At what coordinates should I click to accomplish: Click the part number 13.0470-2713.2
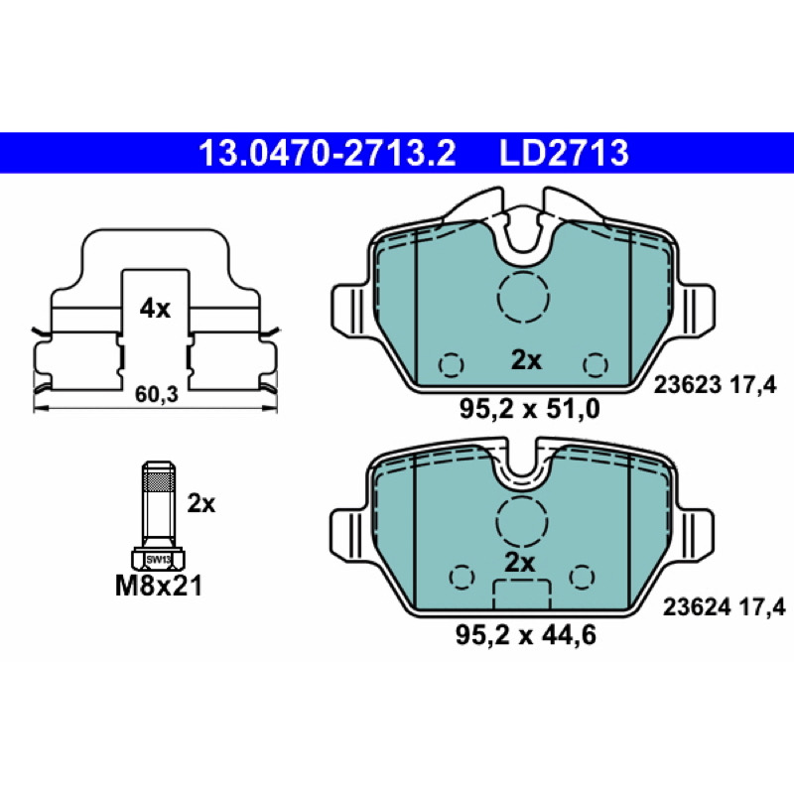(x=327, y=153)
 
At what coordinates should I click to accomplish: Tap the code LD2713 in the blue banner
(x=564, y=153)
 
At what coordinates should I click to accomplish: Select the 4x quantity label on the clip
(x=155, y=309)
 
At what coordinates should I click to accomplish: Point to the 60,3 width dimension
(x=157, y=394)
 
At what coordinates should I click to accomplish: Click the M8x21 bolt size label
(x=159, y=586)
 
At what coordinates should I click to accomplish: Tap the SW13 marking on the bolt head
(x=159, y=560)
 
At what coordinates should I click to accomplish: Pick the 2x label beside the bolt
(x=201, y=503)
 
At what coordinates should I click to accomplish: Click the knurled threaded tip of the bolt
(x=159, y=479)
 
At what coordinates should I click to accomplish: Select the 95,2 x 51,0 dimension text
(x=529, y=409)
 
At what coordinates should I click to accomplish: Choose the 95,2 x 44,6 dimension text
(x=526, y=635)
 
